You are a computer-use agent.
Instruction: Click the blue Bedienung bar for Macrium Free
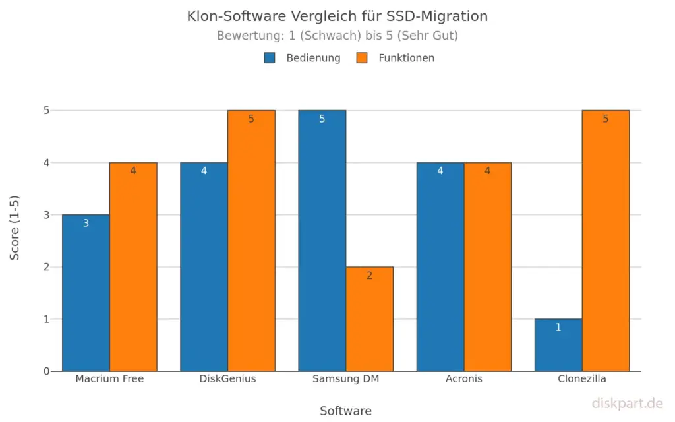pos(86,293)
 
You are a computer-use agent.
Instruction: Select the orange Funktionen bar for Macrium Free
pos(133,266)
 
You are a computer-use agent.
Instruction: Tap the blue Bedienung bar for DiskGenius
pos(204,266)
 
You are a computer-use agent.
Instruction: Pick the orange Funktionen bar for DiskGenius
pos(251,241)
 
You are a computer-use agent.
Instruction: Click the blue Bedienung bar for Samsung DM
pos(322,241)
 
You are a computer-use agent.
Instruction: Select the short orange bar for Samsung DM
pos(369,319)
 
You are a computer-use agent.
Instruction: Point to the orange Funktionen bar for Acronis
pos(487,266)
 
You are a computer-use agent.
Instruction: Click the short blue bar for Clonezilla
pos(558,345)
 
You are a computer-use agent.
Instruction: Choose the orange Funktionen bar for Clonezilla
pos(605,241)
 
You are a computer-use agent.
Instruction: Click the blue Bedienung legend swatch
pos(270,58)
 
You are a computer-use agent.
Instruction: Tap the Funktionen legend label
pos(406,58)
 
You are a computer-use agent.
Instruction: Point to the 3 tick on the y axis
pos(47,215)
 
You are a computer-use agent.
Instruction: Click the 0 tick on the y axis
pos(47,371)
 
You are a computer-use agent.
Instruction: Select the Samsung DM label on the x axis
pos(345,379)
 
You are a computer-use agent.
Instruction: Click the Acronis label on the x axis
pos(463,379)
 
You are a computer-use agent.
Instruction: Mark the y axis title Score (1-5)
pos(15,227)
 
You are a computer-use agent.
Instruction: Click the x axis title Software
pos(345,411)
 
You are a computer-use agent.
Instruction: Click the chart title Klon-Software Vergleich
pos(337,16)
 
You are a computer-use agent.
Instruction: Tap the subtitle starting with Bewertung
pos(337,36)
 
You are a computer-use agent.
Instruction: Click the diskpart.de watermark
pos(626,403)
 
